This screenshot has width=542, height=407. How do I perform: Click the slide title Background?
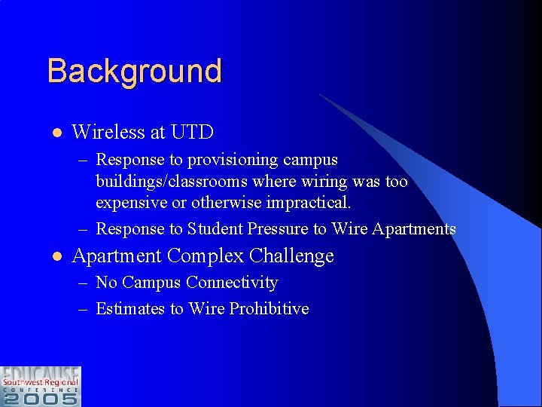tap(134, 72)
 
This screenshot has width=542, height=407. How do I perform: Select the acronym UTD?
tap(192, 133)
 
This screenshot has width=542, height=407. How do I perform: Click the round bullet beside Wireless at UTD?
tap(56, 133)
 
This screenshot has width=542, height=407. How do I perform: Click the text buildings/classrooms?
tap(172, 182)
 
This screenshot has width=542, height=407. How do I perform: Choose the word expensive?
tap(141, 203)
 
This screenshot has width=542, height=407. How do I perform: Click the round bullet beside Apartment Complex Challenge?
tap(56, 257)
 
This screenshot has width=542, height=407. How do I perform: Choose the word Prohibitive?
tap(269, 309)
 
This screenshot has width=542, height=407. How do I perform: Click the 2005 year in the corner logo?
tap(41, 397)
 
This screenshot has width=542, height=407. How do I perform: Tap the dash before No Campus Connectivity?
tap(85, 283)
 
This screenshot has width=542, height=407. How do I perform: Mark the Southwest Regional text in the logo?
tap(41, 382)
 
